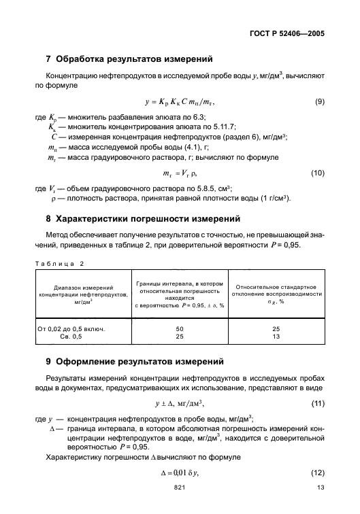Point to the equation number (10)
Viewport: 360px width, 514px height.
[x=317, y=174]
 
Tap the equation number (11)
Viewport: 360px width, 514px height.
[x=317, y=404]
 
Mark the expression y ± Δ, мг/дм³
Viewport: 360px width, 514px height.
[x=180, y=404]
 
